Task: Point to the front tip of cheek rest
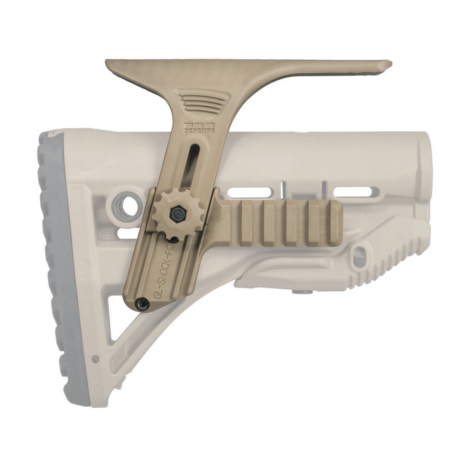(386, 63)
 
